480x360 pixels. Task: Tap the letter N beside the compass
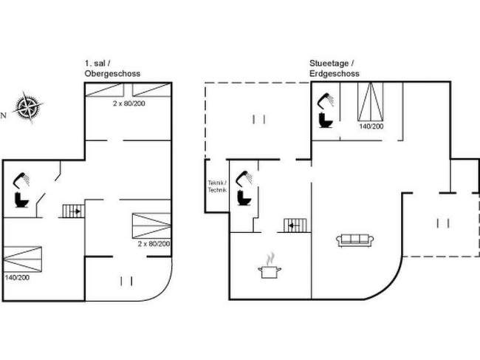pos(4,115)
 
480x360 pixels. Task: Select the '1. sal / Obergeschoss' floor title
pos(112,69)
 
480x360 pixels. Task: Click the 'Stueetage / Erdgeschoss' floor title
pos(335,69)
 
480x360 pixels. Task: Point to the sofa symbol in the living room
pos(354,240)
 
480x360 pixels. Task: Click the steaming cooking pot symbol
pos(270,266)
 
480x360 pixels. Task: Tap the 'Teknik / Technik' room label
pos(217,186)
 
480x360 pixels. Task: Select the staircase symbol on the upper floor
pos(73,211)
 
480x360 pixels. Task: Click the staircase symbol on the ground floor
pos(295,225)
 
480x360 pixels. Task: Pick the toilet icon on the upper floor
pos(21,200)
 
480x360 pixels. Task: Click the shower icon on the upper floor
pos(21,180)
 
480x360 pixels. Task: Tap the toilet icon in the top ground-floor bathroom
pos(326,120)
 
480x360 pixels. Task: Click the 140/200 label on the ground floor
pos(371,126)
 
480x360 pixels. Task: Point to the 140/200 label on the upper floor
pos(17,278)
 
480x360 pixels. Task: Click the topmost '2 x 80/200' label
pos(129,103)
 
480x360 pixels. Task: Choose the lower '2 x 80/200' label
pos(154,244)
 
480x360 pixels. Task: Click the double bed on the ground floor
pos(371,101)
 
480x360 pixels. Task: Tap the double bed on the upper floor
pos(22,259)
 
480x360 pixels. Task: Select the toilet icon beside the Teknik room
pos(244,197)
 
